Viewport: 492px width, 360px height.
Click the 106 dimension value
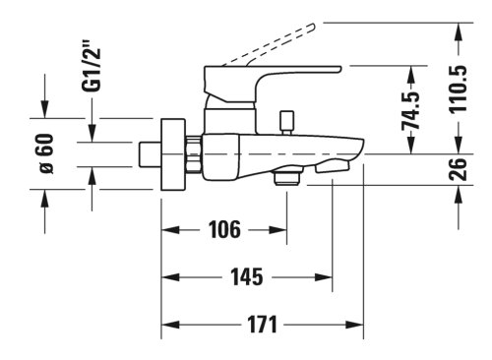click(x=224, y=229)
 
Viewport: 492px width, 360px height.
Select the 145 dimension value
click(x=247, y=277)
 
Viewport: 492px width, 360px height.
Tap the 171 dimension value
click(x=263, y=325)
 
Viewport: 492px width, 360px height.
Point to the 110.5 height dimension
click(x=458, y=90)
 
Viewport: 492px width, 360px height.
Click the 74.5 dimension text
click(x=411, y=111)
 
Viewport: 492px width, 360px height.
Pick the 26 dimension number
click(x=458, y=169)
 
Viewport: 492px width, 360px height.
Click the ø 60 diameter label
click(x=46, y=153)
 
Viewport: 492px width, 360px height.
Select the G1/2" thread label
click(x=91, y=66)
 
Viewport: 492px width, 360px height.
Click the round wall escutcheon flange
click(x=173, y=154)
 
